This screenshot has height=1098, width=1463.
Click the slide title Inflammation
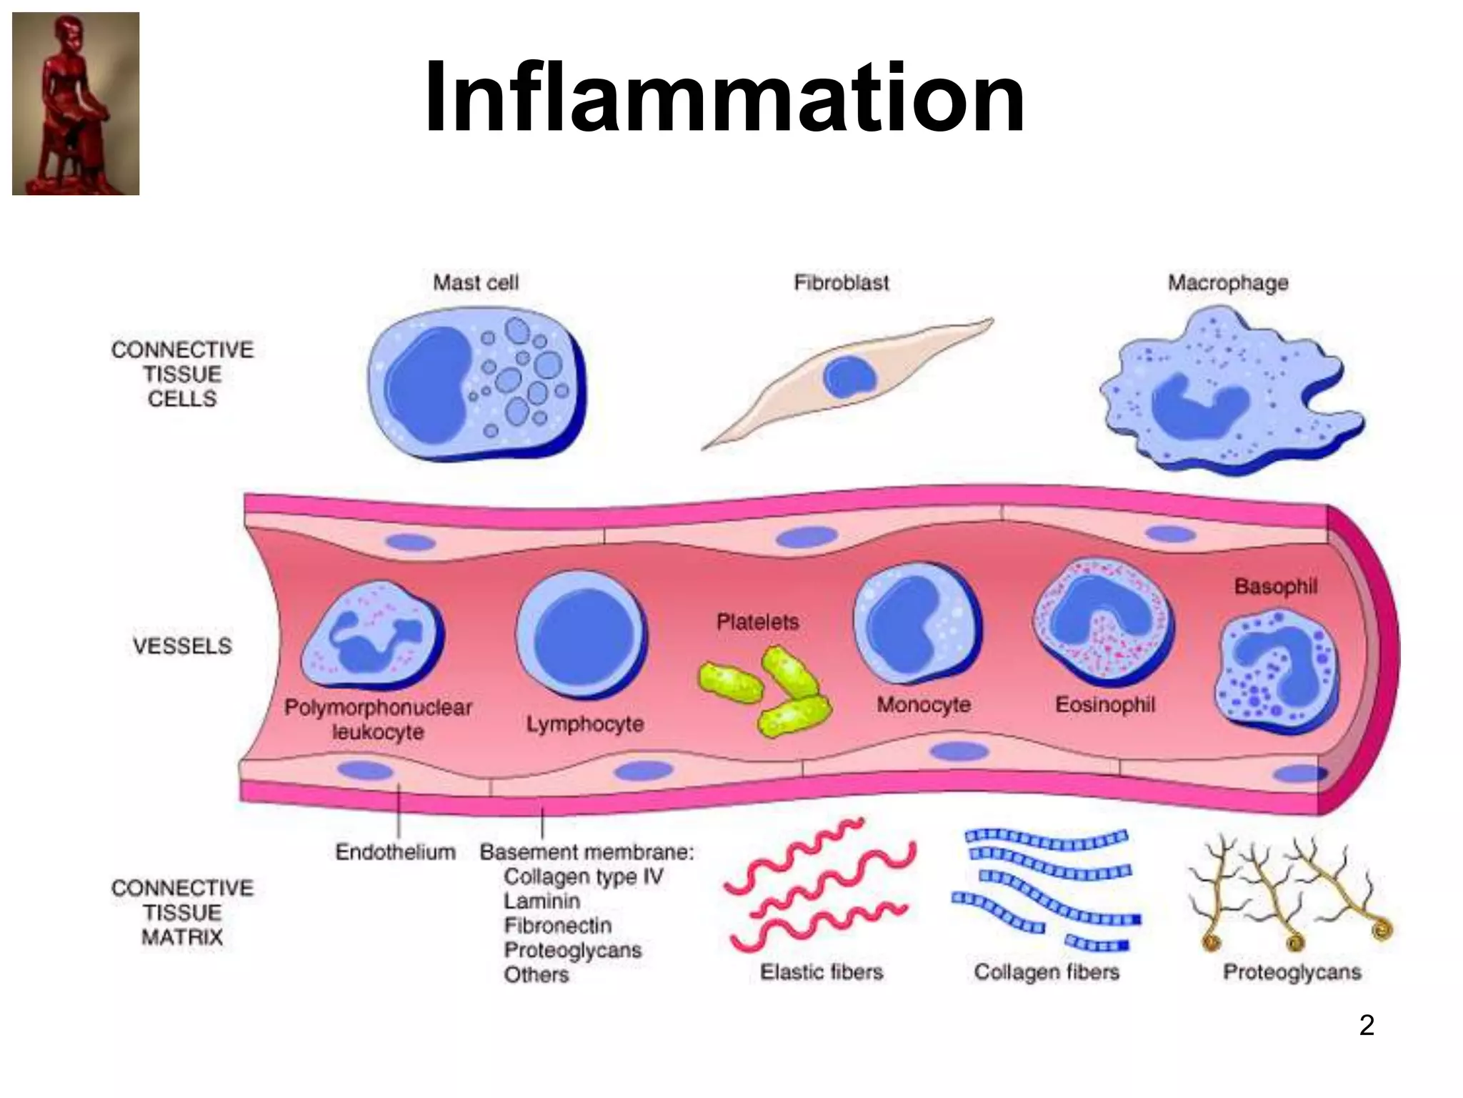pyautogui.click(x=724, y=98)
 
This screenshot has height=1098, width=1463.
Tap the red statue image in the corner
pyautogui.click(x=76, y=104)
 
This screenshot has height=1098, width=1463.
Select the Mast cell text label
pyautogui.click(x=476, y=283)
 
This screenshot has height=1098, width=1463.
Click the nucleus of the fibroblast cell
pyautogui.click(x=849, y=377)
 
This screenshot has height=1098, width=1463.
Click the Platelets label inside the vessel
pyautogui.click(x=757, y=622)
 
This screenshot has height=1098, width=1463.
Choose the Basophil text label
pyautogui.click(x=1276, y=587)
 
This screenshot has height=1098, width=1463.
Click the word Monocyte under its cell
pyautogui.click(x=924, y=705)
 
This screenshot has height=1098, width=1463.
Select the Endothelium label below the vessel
pyautogui.click(x=395, y=852)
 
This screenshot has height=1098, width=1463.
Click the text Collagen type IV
pyautogui.click(x=583, y=876)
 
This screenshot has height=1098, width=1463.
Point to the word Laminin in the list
pyautogui.click(x=541, y=901)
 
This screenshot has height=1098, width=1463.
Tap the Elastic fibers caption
pyautogui.click(x=822, y=972)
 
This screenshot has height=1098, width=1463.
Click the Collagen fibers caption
pyautogui.click(x=1047, y=972)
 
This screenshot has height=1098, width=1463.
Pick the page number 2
pyautogui.click(x=1366, y=1025)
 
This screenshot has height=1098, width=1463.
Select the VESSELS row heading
pyautogui.click(x=183, y=646)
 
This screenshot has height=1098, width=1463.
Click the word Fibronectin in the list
pyautogui.click(x=557, y=926)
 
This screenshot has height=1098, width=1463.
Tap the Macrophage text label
pyautogui.click(x=1228, y=283)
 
